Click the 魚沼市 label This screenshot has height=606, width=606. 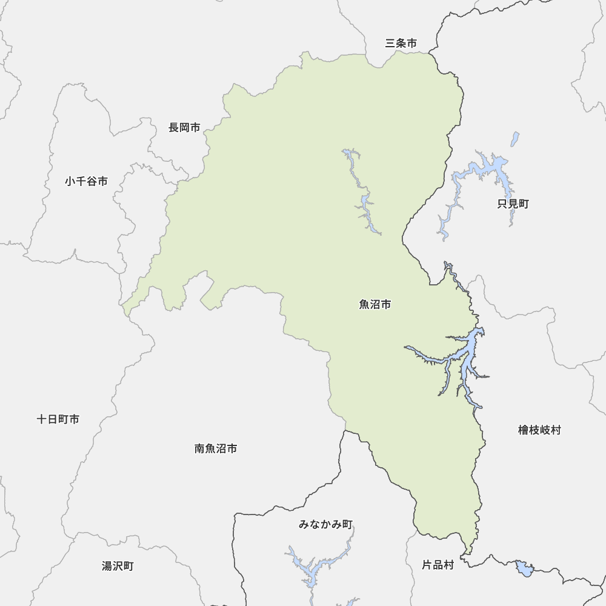(x=375, y=304)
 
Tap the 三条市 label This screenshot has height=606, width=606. (x=401, y=43)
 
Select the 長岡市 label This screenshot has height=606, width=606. (x=184, y=127)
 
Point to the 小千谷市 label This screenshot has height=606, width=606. (x=87, y=181)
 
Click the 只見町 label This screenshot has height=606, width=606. (x=513, y=204)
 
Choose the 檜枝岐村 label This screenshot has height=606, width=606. (x=539, y=430)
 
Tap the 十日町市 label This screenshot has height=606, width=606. (x=58, y=419)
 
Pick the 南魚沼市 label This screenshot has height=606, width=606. (x=216, y=448)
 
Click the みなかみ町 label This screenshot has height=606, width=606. (x=325, y=524)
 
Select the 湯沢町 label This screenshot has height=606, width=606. (x=118, y=566)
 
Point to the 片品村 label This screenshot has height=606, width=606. (x=438, y=565)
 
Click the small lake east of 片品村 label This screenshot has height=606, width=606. (x=524, y=569)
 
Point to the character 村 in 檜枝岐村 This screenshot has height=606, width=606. (x=556, y=430)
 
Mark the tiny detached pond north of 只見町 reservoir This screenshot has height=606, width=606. (x=515, y=139)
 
